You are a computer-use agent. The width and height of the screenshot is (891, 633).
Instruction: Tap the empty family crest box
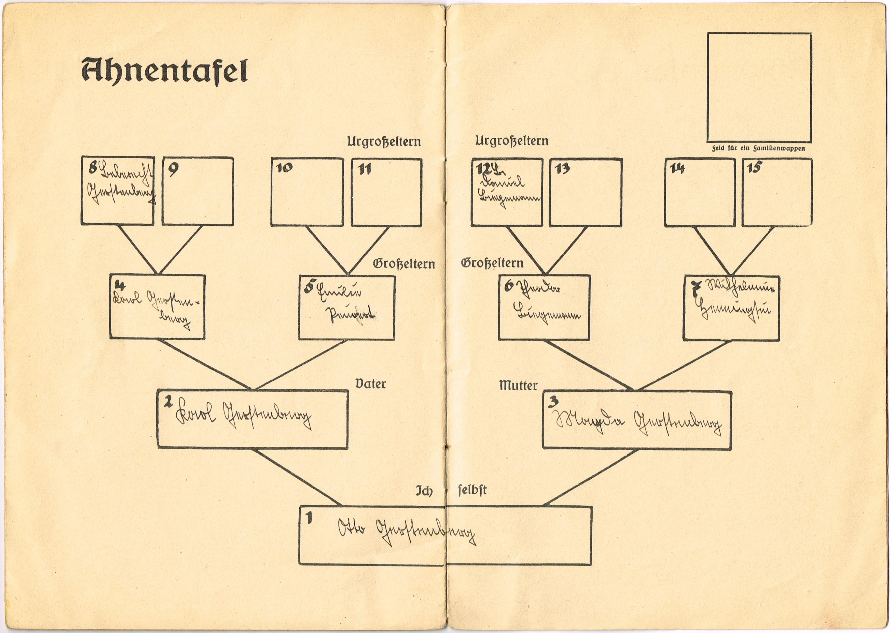tap(759, 88)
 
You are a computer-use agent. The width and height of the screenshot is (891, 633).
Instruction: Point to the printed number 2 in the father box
tap(168, 402)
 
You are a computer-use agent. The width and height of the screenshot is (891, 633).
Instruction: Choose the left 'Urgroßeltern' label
tap(384, 141)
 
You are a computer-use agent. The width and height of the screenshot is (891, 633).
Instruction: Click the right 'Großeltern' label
tap(492, 263)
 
